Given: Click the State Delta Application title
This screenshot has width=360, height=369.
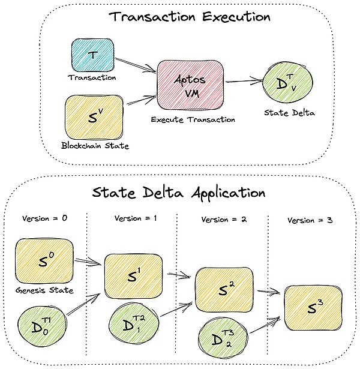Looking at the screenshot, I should tap(179, 193).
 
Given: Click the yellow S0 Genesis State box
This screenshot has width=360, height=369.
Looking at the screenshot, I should tap(44, 262).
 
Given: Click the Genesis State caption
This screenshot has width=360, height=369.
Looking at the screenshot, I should tap(45, 290).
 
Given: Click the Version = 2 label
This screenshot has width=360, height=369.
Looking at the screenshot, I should tap(223, 220).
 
